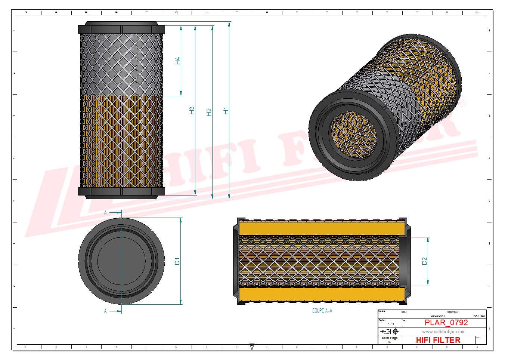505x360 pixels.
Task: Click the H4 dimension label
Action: (x=178, y=61)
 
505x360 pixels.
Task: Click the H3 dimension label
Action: (x=192, y=110)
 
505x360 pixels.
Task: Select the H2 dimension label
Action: (x=209, y=112)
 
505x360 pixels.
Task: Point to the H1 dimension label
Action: (x=226, y=111)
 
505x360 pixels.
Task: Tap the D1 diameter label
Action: (x=177, y=261)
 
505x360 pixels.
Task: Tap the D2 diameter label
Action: (x=424, y=261)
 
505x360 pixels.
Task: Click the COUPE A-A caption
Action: (x=322, y=311)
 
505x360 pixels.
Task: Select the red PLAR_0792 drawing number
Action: (x=446, y=323)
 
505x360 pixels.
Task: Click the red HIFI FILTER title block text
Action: (x=438, y=340)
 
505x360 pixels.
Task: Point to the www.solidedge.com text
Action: (x=443, y=332)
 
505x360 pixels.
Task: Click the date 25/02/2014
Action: (x=438, y=316)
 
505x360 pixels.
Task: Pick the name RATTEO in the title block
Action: (x=479, y=316)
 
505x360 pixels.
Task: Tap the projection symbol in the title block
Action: (x=389, y=332)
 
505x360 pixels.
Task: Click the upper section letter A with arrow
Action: (x=106, y=213)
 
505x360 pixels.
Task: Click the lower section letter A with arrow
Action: (x=106, y=311)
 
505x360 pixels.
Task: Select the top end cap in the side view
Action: (x=121, y=28)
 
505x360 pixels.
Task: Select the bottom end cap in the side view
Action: (x=121, y=192)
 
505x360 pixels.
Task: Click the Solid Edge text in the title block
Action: (x=389, y=338)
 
